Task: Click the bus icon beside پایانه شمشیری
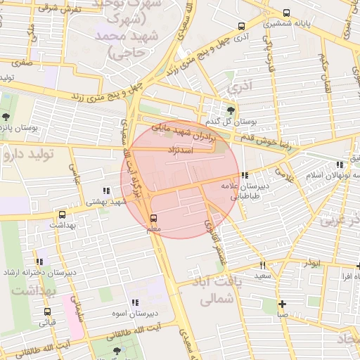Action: coord(286,13)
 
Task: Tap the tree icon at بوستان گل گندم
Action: coord(231,110)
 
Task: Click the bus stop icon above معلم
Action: coord(155,217)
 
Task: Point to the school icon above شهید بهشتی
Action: coord(106,191)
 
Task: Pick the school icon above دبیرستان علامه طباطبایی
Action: coord(244,176)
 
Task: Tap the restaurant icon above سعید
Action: coord(263,266)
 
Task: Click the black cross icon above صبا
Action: coord(282,304)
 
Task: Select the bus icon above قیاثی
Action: coord(47,311)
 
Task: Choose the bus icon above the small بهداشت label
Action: coord(62,214)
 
